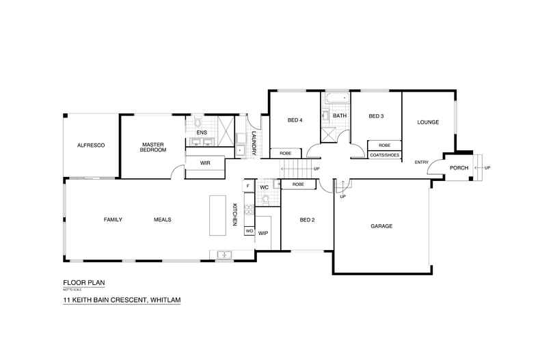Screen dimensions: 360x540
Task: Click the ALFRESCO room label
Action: tap(90, 145)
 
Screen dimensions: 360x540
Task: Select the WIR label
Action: tap(204, 163)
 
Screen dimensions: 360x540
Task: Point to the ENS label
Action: tap(202, 132)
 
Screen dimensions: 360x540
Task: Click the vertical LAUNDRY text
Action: tap(254, 143)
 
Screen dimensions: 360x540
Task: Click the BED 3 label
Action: tap(376, 116)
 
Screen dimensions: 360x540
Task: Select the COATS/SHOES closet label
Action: tap(384, 155)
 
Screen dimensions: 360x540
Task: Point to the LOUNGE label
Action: tap(428, 122)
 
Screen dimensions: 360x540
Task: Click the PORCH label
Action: tap(458, 168)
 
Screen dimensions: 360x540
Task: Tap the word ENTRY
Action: tap(422, 162)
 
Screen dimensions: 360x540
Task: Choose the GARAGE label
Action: tap(381, 225)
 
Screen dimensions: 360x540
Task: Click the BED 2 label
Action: tap(307, 220)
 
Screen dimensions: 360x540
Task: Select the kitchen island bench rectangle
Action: tap(217, 214)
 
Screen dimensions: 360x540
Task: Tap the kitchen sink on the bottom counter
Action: tap(225, 255)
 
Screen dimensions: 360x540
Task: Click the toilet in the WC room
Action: tap(265, 200)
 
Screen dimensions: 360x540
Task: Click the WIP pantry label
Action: tap(262, 233)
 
